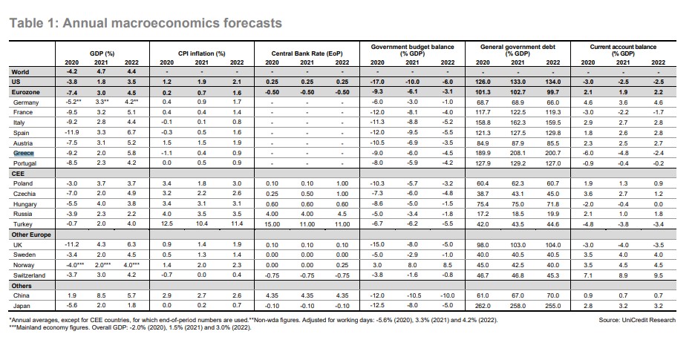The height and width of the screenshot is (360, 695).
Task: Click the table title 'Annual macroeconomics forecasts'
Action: [172, 22]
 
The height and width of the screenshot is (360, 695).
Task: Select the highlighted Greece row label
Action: [24, 154]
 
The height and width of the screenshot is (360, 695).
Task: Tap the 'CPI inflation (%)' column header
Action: [202, 53]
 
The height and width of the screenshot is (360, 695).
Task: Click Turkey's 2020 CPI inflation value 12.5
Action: [166, 224]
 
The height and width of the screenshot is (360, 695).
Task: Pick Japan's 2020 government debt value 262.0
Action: [483, 306]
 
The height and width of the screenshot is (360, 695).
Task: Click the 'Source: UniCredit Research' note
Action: [637, 320]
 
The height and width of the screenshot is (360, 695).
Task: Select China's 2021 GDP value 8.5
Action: [101, 295]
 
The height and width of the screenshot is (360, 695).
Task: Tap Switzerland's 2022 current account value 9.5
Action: [658, 275]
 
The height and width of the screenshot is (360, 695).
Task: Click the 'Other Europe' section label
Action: [31, 235]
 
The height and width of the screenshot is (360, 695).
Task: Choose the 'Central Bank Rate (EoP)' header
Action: [307, 53]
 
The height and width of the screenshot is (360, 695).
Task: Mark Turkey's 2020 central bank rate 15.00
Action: [273, 224]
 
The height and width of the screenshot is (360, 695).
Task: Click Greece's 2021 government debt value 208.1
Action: [518, 153]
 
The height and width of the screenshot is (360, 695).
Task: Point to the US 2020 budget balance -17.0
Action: [377, 82]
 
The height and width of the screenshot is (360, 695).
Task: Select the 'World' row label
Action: [20, 72]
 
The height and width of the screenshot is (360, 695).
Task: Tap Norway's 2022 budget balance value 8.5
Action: [448, 265]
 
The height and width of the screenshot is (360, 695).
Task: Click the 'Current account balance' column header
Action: [623, 47]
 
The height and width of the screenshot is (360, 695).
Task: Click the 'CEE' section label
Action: [18, 174]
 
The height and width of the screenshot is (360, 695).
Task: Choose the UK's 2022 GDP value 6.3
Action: [131, 244]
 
